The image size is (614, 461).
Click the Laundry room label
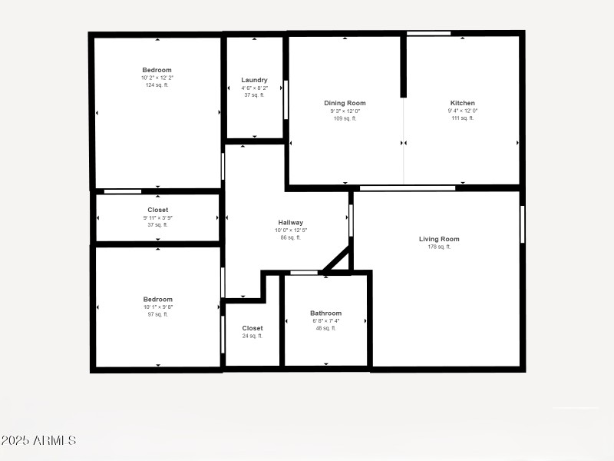click(254, 80)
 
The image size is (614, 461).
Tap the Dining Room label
click(345, 103)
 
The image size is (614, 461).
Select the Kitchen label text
click(462, 103)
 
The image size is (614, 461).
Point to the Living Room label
click(439, 239)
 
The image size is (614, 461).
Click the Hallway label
click(290, 223)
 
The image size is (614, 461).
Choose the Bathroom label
click(325, 313)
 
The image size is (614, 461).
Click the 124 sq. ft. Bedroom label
click(157, 70)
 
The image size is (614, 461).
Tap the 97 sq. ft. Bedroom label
click(157, 300)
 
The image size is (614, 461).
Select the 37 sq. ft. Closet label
click(157, 210)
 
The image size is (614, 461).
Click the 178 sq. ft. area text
click(439, 247)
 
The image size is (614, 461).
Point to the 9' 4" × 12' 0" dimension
click(462, 111)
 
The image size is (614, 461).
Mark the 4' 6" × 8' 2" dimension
click(254, 88)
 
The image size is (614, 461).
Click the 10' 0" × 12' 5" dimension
click(290, 230)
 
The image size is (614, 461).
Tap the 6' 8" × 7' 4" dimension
click(325, 321)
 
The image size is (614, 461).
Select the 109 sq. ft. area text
click(345, 118)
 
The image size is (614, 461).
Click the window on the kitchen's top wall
click(428, 33)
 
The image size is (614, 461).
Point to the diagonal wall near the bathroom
click(335, 259)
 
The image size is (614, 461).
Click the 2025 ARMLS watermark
click(38, 441)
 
